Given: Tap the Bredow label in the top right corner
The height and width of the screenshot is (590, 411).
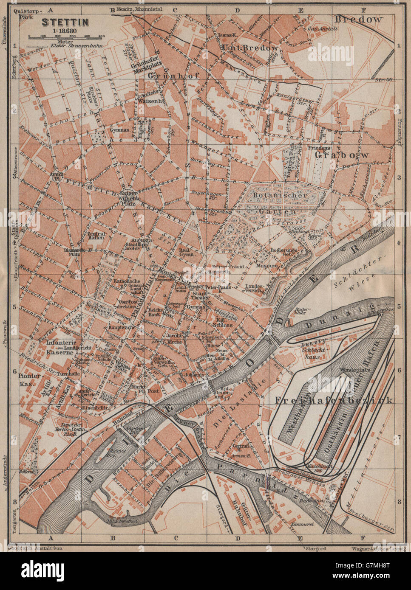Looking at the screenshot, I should coord(359,19).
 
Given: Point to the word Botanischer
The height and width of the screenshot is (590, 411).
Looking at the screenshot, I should coord(280,195).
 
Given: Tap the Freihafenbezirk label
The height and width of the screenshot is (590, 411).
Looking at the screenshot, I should coord(334,400).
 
